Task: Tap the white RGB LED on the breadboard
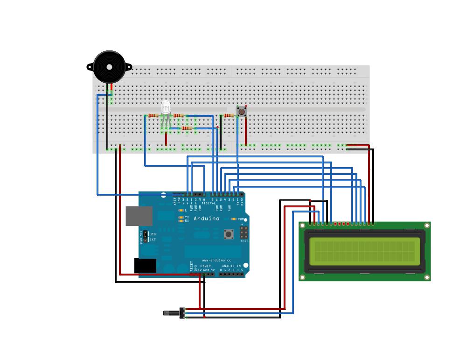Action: pyautogui.click(x=166, y=108)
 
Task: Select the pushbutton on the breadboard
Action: pyautogui.click(x=241, y=112)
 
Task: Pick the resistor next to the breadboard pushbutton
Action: pyautogui.click(x=229, y=115)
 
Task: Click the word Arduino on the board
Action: pyautogui.click(x=206, y=218)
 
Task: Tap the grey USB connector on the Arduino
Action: pyautogui.click(x=139, y=215)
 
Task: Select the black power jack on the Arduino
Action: pyautogui.click(x=145, y=265)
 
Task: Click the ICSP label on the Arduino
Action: pyautogui.click(x=244, y=241)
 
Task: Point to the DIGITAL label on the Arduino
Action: pyautogui.click(x=209, y=203)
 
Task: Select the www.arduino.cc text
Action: pyautogui.click(x=216, y=260)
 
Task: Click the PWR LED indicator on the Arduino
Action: pyautogui.click(x=234, y=219)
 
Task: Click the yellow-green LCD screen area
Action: pyautogui.click(x=364, y=251)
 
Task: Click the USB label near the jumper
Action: pyautogui.click(x=153, y=233)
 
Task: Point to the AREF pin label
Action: pyautogui.click(x=175, y=201)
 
